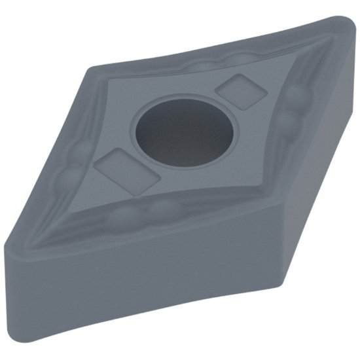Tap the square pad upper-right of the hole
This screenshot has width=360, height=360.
tap(240, 91)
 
